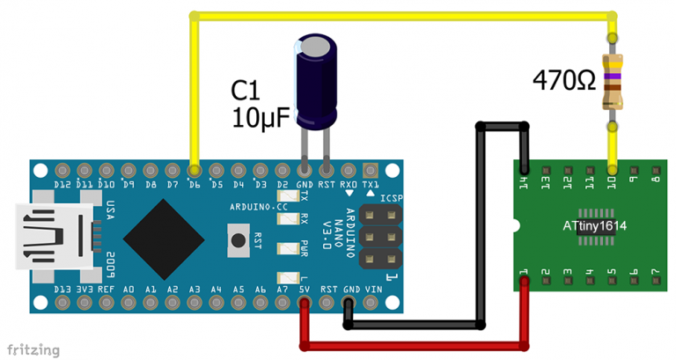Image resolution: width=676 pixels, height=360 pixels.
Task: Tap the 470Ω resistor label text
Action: tap(564, 81)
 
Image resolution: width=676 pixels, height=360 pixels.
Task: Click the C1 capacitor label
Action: tap(247, 91)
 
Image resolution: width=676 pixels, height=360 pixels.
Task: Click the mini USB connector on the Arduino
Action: tap(53, 237)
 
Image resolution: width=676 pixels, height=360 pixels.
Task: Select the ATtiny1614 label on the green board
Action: tap(595, 226)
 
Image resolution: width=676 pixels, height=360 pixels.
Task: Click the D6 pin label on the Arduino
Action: tap(195, 185)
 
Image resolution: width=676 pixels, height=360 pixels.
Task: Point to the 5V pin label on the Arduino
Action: tap(305, 289)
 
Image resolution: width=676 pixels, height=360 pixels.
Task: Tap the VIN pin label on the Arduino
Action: tap(373, 289)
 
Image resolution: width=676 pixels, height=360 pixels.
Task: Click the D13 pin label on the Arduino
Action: tap(62, 289)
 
